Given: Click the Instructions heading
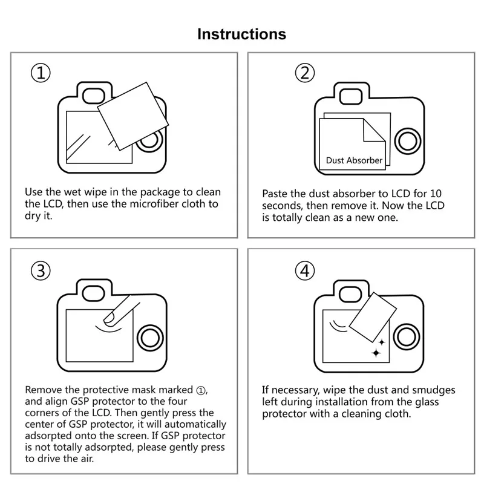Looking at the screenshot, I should pos(241,34).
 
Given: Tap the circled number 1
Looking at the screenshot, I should pos(41,73).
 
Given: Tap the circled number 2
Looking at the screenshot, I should pos(305,73).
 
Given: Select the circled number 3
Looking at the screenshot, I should pos(41,271).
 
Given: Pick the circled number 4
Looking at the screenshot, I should pos(305,271).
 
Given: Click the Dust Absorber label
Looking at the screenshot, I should pos(354,160).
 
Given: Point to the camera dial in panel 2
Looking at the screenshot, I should pos(407,141).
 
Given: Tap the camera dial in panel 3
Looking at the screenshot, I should pos(149,337).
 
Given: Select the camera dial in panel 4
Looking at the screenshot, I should pos(407,337).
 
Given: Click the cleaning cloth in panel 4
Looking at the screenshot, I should pos(373,317).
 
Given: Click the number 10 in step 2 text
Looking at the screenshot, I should pos(436,194).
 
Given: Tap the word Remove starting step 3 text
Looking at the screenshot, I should pos(42,390).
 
